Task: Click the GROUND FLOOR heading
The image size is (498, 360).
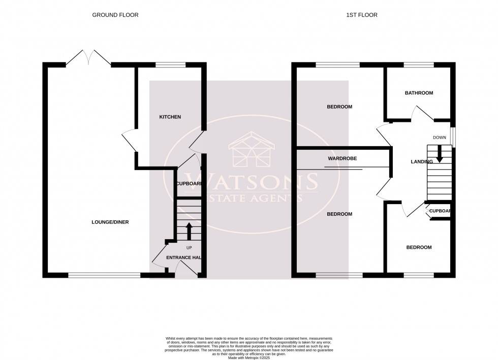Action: click(115, 15)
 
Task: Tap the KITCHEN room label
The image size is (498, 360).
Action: click(170, 117)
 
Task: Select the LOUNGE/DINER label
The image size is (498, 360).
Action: click(110, 222)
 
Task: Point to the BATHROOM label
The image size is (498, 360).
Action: click(419, 93)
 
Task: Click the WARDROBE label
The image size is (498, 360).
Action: click(342, 158)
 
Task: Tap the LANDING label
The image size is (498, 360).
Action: click(421, 161)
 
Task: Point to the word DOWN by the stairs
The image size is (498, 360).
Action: click(440, 138)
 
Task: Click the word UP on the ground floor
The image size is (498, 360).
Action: click(189, 248)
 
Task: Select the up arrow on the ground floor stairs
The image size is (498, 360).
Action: click(189, 231)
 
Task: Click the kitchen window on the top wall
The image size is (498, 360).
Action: click(171, 65)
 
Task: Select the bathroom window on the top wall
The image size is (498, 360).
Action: click(419, 65)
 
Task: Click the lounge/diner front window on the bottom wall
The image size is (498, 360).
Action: click(104, 276)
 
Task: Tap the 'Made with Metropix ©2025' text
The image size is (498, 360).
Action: click(249, 357)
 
